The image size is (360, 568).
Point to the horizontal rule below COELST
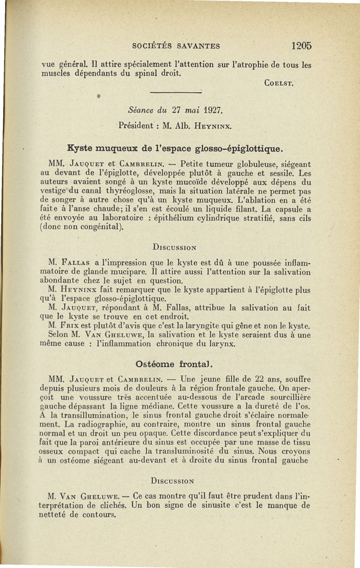pyautogui.click(x=175, y=92)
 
